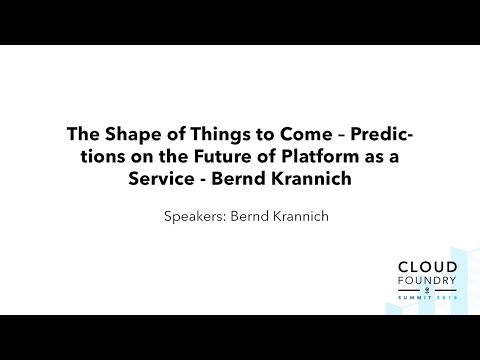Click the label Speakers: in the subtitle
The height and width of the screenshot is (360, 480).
[x=196, y=213]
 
